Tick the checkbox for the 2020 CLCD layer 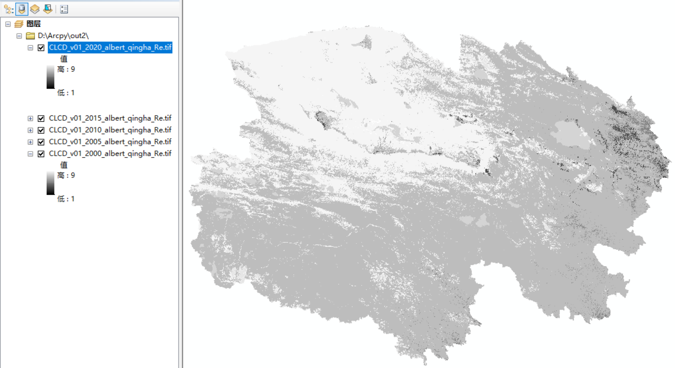click(x=41, y=48)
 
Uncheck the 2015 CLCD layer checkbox click(x=41, y=118)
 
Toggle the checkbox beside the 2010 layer click(x=41, y=130)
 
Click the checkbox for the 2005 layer click(x=41, y=142)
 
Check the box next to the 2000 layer click(x=41, y=153)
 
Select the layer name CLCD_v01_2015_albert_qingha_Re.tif click(x=110, y=118)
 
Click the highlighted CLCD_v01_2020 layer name click(x=110, y=48)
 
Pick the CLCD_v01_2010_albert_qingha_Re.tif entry click(x=110, y=130)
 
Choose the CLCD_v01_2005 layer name click(x=110, y=142)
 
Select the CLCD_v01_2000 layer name click(x=110, y=153)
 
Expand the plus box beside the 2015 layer click(x=30, y=118)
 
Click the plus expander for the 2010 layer click(x=30, y=130)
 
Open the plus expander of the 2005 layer click(x=30, y=142)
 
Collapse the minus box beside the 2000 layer click(x=30, y=153)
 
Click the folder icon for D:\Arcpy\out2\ click(x=30, y=36)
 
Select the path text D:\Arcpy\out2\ click(x=63, y=36)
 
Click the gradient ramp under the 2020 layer click(x=51, y=77)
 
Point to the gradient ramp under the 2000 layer click(x=51, y=184)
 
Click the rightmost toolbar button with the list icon click(x=64, y=9)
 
